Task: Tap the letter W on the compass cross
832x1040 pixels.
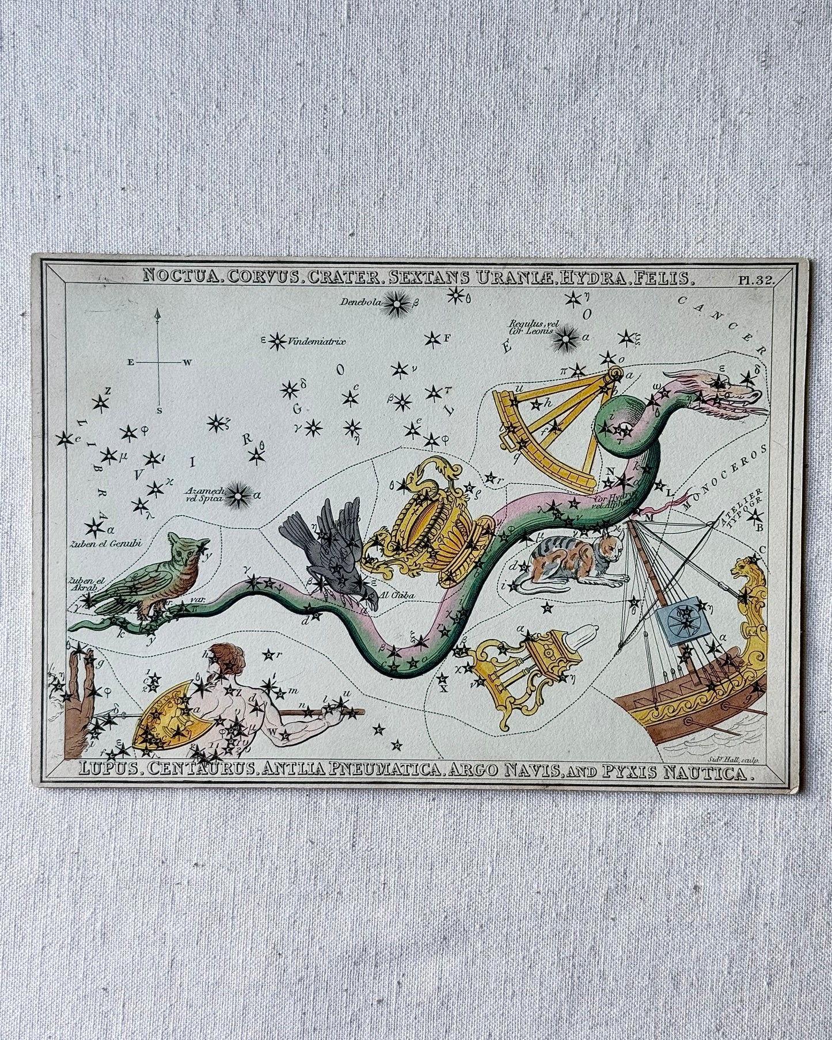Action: click(187, 363)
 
